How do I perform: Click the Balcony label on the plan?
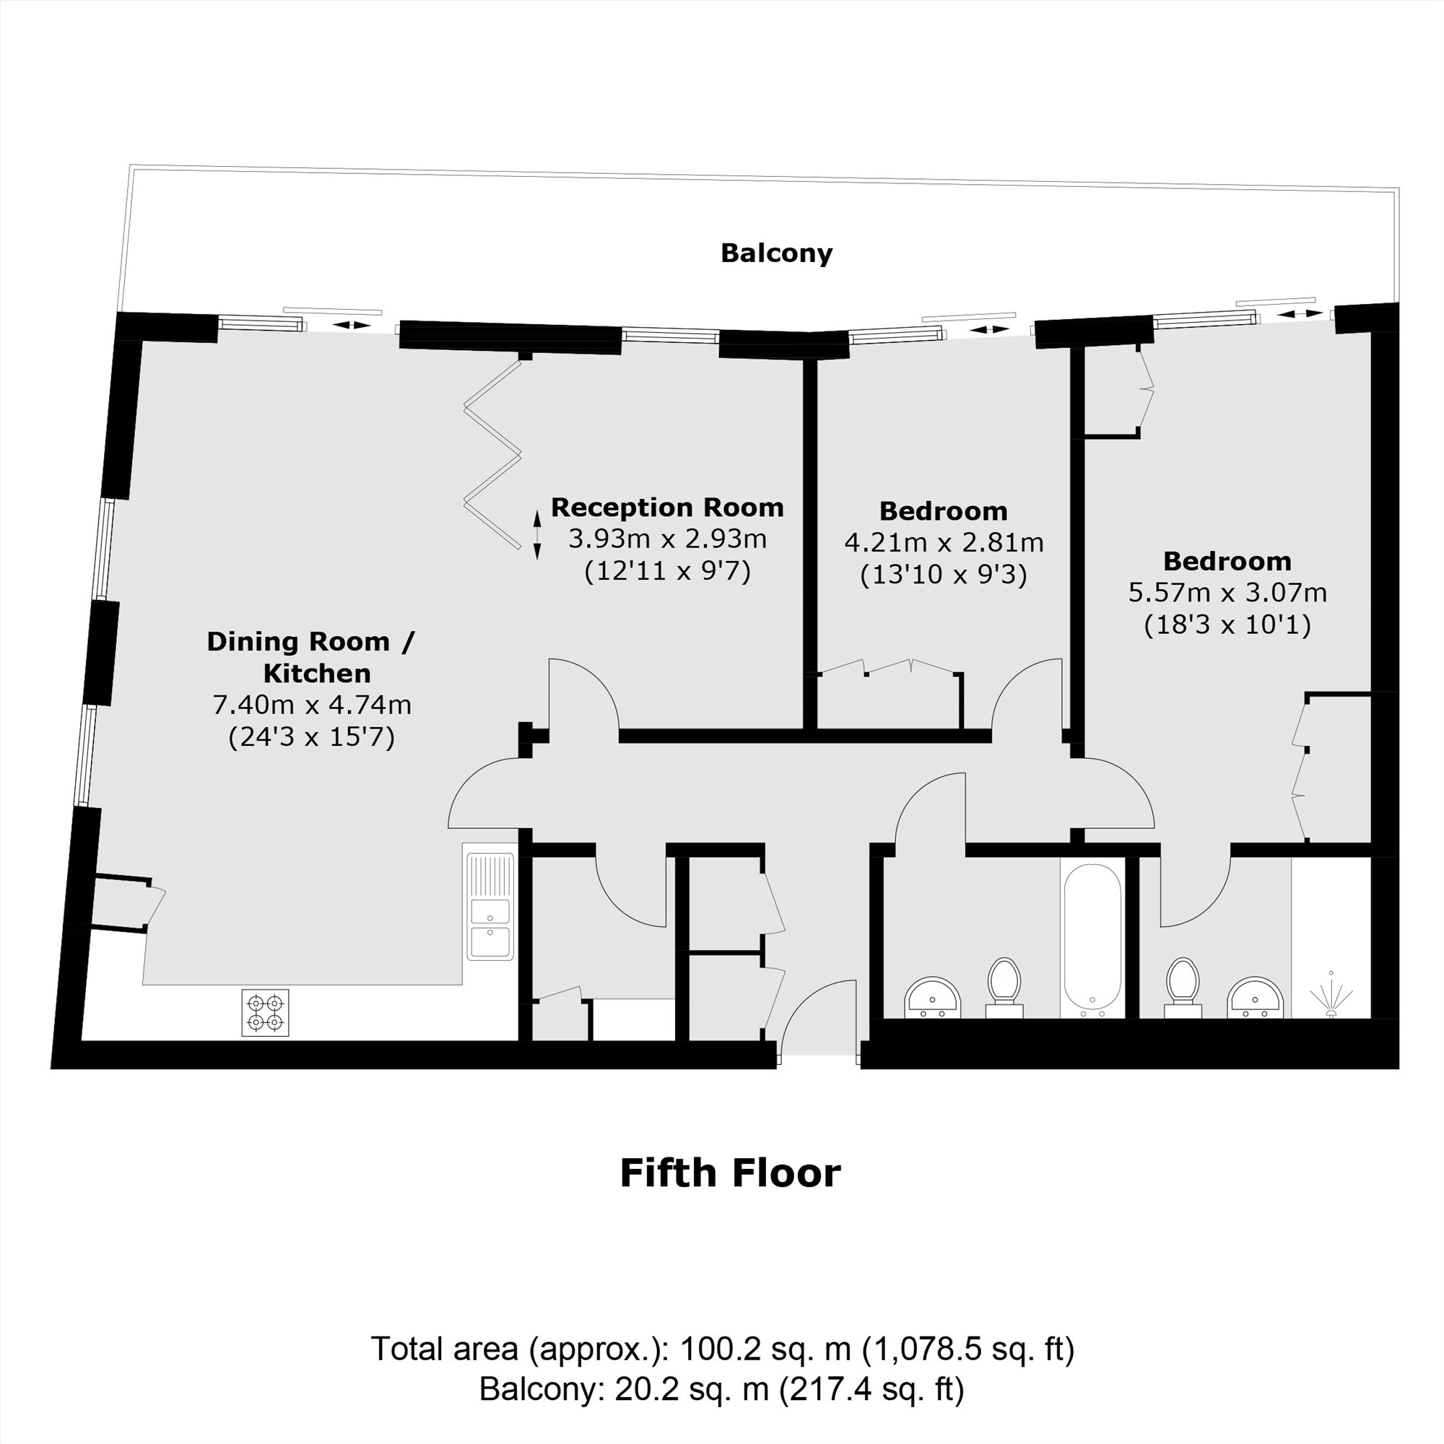[x=776, y=253]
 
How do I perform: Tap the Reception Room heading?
[x=666, y=508]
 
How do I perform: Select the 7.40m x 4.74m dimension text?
[x=312, y=704]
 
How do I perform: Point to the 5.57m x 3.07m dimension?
[x=1227, y=592]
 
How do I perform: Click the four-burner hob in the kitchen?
[x=265, y=1012]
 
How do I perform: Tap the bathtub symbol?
[x=1092, y=937]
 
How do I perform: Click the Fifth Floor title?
[x=730, y=1173]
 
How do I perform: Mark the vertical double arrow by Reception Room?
[x=536, y=535]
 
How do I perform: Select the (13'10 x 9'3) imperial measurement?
[x=943, y=575]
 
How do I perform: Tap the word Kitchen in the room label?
[x=317, y=674]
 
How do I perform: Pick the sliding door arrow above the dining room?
[x=351, y=324]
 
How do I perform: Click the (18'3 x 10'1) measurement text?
[x=1227, y=624]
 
